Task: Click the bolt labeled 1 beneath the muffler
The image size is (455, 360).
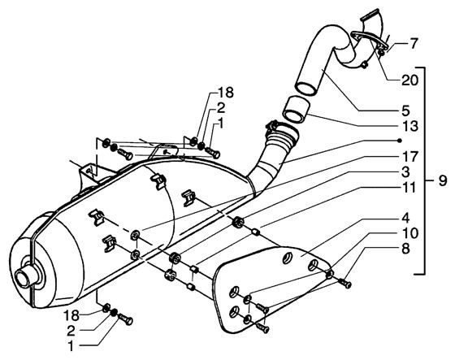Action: [125, 319]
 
